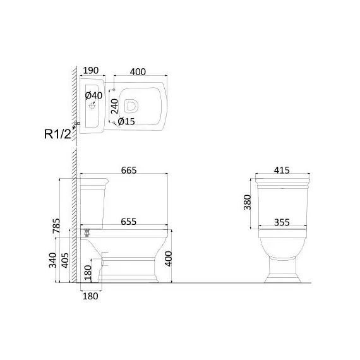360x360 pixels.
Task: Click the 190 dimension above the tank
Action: tap(91, 71)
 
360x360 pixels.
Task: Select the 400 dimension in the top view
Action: tap(138, 72)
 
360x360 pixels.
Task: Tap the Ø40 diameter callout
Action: tap(93, 95)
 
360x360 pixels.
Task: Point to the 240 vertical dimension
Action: tap(114, 106)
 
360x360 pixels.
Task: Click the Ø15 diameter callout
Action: tap(126, 121)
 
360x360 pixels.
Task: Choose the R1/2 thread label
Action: tap(57, 134)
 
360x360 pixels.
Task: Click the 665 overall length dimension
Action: tap(129, 171)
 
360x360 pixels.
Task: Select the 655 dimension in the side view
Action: tap(129, 222)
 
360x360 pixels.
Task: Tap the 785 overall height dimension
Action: tap(56, 226)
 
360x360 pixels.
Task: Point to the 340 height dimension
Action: tap(52, 260)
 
